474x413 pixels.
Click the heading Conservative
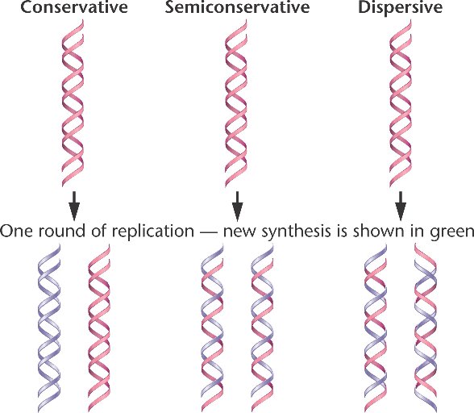point(74,6)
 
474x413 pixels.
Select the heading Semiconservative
point(237,6)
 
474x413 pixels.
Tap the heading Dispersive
point(400,7)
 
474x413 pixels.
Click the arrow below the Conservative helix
point(74,206)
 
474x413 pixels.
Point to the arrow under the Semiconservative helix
point(237,206)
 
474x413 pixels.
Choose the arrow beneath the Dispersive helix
point(401,206)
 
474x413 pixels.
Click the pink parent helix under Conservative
point(73,103)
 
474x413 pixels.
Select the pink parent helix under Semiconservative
point(236,103)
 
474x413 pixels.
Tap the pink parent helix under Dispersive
point(401,103)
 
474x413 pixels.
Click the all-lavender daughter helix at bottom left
point(49,328)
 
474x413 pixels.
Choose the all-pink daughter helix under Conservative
point(99,328)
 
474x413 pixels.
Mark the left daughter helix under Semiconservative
point(212,328)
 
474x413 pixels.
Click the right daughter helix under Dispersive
point(426,328)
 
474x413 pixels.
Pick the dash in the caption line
point(209,232)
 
